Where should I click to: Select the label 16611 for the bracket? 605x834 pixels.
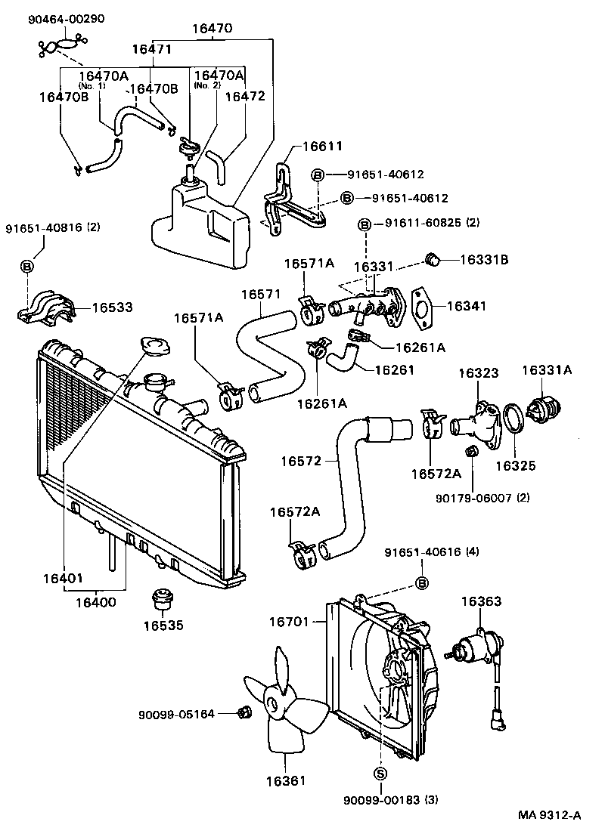pyautogui.click(x=323, y=147)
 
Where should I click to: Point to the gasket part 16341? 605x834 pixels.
pyautogui.click(x=420, y=308)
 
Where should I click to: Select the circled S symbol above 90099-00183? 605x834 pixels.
pyautogui.click(x=380, y=772)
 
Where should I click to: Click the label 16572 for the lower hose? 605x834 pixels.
pyautogui.click(x=301, y=460)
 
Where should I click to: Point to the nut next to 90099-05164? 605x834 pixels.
pyautogui.click(x=244, y=712)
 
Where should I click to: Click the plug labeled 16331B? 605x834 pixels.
pyautogui.click(x=434, y=261)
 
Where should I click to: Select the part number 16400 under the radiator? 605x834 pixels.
pyautogui.click(x=95, y=602)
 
